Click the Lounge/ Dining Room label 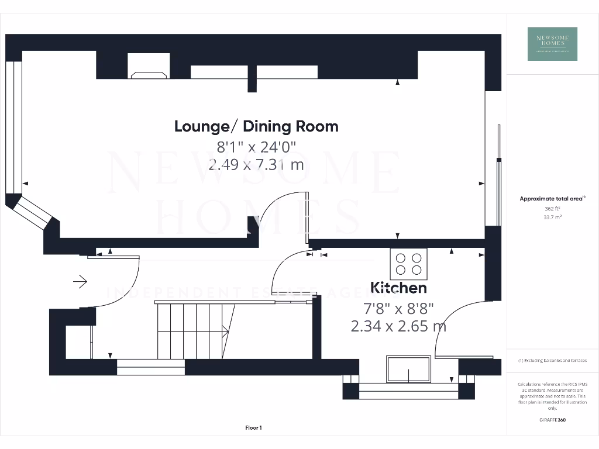point(256,126)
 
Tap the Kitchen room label point(398,288)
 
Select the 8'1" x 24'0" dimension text point(256,146)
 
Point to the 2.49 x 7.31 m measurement point(256,164)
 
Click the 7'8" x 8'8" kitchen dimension point(398,308)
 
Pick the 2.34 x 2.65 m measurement point(398,326)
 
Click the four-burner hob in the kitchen point(409,263)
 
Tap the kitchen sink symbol point(409,368)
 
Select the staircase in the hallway point(193,330)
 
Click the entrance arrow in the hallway point(80,282)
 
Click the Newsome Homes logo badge point(552,44)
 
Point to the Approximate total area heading point(552,199)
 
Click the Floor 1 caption point(253,428)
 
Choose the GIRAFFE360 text point(552,420)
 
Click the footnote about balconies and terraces point(552,361)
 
